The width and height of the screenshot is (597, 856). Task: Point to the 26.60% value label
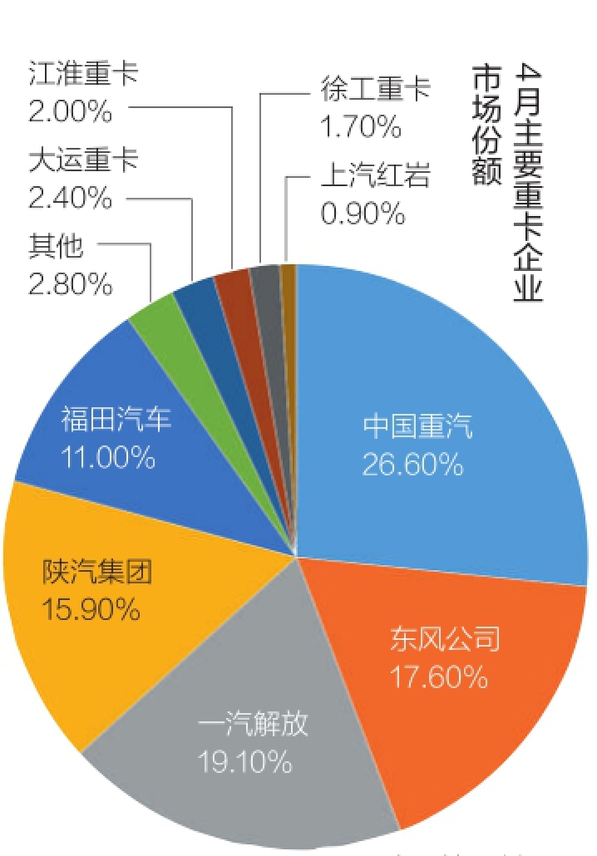412,464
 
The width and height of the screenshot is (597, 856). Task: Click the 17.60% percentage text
438,678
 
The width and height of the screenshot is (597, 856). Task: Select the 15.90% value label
91,610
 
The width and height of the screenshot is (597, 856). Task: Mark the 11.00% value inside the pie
107,457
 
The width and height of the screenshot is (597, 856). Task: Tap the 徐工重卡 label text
375,89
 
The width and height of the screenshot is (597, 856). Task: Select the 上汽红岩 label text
375,176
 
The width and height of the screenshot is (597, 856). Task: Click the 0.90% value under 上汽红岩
363,214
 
